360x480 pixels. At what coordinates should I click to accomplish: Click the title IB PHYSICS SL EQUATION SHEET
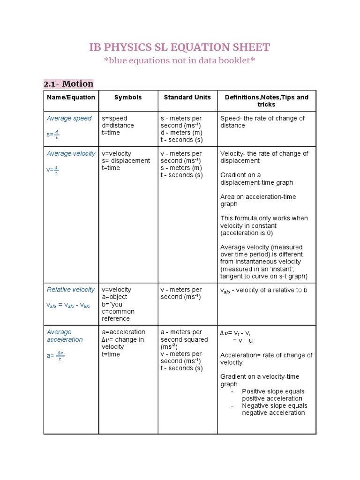click(x=180, y=47)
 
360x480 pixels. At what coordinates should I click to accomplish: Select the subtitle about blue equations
click(x=180, y=60)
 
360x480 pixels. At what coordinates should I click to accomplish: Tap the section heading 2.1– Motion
click(x=68, y=84)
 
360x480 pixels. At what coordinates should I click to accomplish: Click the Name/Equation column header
click(x=71, y=97)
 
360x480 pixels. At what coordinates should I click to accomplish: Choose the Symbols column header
click(x=128, y=97)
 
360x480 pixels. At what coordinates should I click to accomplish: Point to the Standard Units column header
click(x=187, y=97)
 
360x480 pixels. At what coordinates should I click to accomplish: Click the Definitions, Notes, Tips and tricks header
click(x=266, y=101)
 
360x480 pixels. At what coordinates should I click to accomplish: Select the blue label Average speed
click(x=69, y=118)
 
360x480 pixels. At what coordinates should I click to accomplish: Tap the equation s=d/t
click(x=52, y=135)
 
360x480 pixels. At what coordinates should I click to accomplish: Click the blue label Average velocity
click(x=71, y=153)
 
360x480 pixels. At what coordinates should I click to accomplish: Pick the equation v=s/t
click(x=52, y=170)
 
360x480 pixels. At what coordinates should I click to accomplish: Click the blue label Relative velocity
click(x=70, y=290)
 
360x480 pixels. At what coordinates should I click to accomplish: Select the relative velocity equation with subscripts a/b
click(x=68, y=305)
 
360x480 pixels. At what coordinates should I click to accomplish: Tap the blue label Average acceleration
click(x=65, y=336)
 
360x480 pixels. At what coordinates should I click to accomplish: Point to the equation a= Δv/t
click(x=54, y=356)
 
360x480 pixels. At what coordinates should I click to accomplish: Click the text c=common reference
click(x=118, y=315)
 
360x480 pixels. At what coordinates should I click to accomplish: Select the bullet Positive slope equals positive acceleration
click(x=273, y=395)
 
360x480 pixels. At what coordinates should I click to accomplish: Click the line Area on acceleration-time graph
click(x=258, y=200)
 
